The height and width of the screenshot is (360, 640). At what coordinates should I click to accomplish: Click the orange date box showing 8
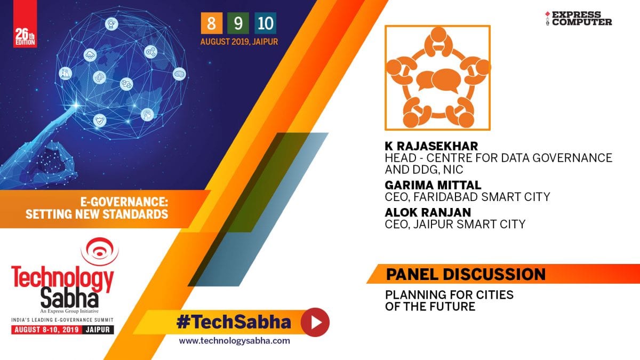(211, 23)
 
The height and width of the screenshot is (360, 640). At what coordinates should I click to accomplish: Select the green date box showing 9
(238, 23)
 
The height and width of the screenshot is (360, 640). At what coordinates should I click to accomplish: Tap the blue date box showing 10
(266, 23)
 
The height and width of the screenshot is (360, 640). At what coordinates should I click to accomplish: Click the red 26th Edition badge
(25, 23)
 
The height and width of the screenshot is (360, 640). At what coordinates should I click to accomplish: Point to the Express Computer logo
(579, 18)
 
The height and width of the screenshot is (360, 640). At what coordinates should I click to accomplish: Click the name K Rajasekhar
(431, 146)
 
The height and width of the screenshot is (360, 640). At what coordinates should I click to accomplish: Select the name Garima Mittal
(433, 185)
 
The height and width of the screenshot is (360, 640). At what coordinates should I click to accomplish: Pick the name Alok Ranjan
(428, 212)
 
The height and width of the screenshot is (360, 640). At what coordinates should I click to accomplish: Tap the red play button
(315, 322)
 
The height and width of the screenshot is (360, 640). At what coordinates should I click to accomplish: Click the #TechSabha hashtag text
(234, 322)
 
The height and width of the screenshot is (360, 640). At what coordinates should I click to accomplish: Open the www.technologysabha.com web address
(234, 341)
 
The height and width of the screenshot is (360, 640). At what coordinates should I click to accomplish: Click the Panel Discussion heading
(466, 274)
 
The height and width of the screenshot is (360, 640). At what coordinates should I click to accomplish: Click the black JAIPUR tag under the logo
(98, 330)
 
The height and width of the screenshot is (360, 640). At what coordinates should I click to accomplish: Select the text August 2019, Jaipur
(239, 42)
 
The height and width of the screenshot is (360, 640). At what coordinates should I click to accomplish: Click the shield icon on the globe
(100, 121)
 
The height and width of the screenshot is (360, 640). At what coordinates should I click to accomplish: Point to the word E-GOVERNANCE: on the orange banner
(124, 202)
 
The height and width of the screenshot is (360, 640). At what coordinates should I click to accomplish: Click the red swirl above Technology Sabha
(100, 251)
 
